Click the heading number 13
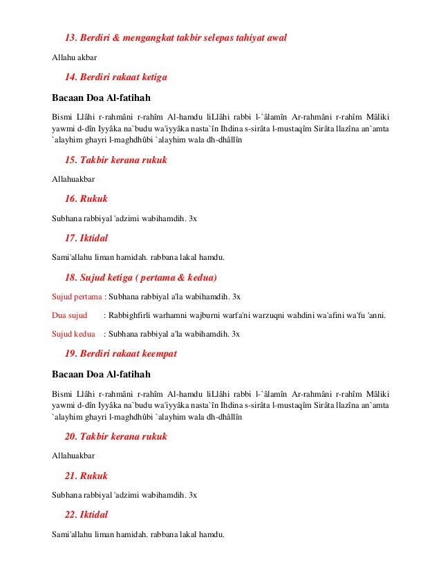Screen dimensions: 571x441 coord(71,37)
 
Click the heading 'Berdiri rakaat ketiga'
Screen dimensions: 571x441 coord(125,76)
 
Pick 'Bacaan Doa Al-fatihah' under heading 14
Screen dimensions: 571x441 coord(101,96)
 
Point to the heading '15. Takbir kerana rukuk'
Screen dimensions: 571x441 coord(115,160)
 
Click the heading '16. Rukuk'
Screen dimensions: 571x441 coord(86,198)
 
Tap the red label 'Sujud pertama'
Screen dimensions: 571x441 coord(76,297)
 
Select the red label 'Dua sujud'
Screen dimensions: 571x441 coord(70,316)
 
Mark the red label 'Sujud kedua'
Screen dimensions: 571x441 coord(73,334)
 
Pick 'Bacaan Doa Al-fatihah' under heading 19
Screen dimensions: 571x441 coord(101,374)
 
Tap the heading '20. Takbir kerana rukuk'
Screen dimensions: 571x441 coord(115,437)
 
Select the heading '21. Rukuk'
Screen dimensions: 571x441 coord(86,476)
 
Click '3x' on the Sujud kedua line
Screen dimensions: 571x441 coord(235,334)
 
